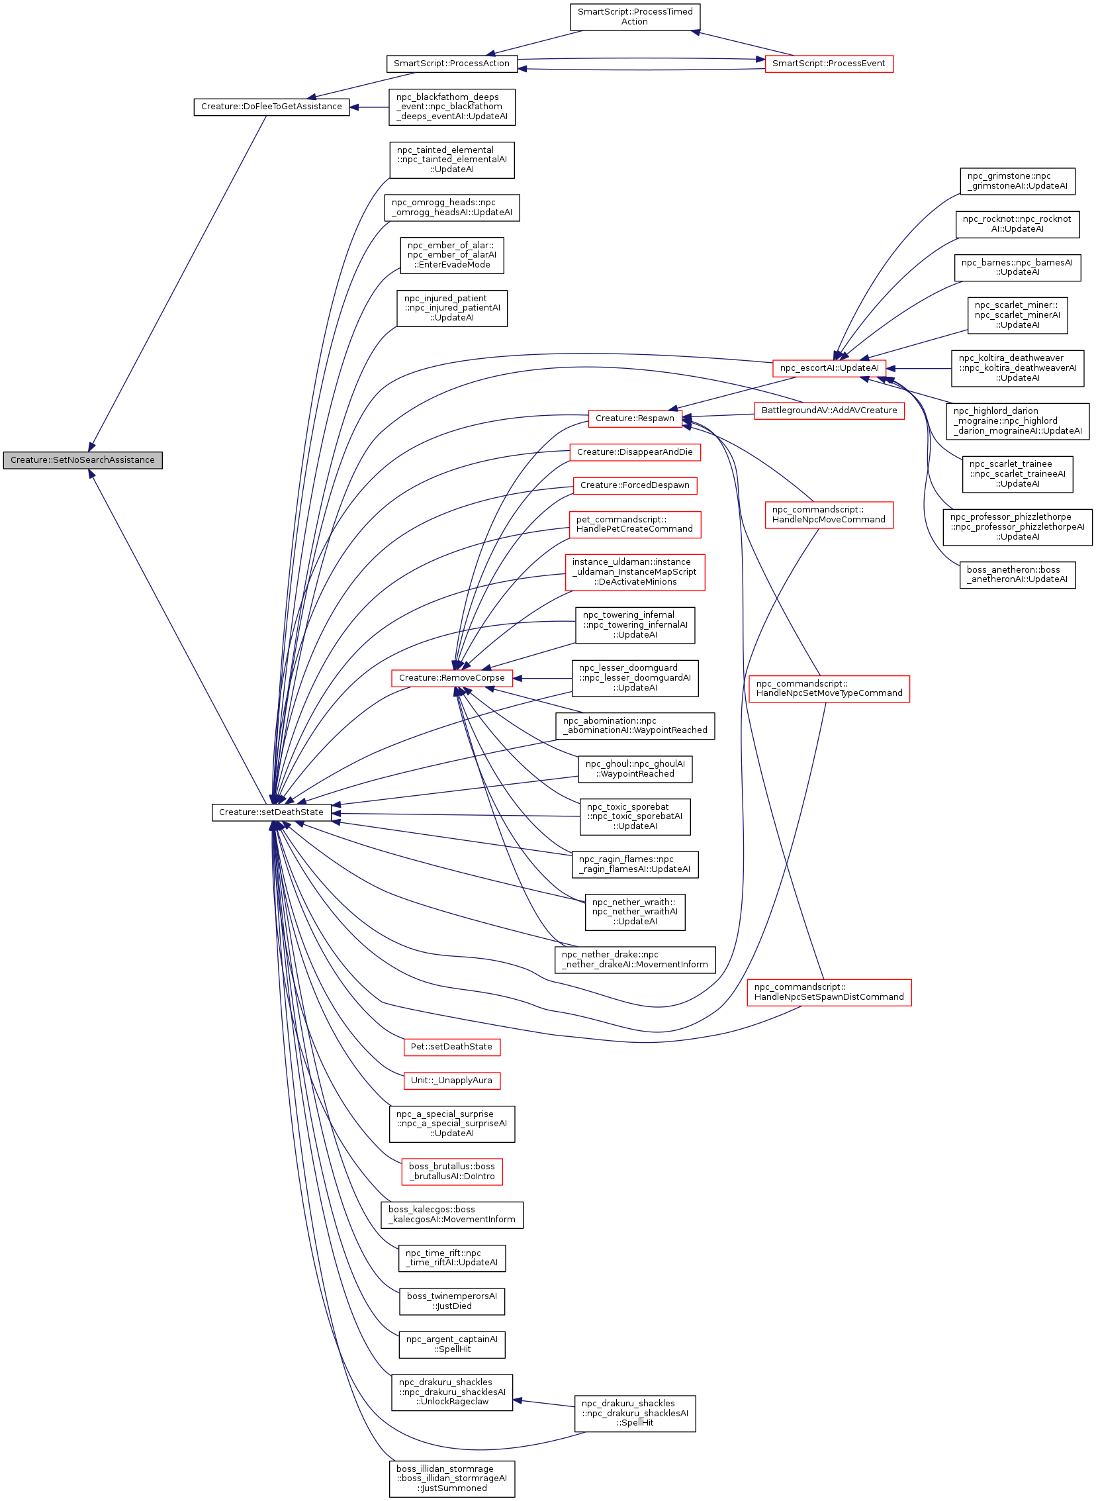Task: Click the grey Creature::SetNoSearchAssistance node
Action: [82, 460]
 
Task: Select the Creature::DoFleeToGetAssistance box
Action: [271, 107]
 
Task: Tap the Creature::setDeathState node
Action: [271, 812]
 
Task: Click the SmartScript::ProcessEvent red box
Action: [829, 64]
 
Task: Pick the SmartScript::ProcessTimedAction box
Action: [635, 17]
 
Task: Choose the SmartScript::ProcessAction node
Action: [451, 64]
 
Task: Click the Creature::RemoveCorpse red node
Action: [452, 678]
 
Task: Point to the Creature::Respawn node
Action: [635, 418]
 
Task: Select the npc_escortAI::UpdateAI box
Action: [829, 368]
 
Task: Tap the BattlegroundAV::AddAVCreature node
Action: [829, 411]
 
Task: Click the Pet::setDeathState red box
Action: [451, 1046]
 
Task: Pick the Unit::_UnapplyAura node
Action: [451, 1081]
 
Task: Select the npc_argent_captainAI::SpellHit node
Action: [451, 1343]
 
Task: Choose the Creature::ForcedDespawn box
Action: [635, 486]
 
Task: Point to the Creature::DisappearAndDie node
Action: [635, 453]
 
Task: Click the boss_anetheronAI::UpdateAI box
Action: [1017, 575]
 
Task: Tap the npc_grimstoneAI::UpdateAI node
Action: [1017, 181]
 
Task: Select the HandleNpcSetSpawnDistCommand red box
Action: [829, 992]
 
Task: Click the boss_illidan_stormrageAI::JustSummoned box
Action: [451, 1478]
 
